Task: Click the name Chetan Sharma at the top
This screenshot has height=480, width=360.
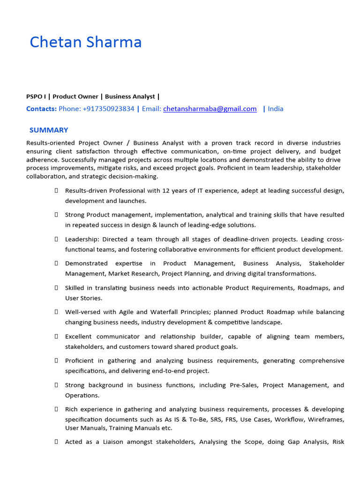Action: click(86, 42)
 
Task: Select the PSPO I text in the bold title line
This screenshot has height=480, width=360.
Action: click(36, 97)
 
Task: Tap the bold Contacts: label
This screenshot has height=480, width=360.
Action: click(41, 109)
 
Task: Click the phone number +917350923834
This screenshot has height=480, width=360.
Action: click(108, 109)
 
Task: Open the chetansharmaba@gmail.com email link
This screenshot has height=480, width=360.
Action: click(210, 109)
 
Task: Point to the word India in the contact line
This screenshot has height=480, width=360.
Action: click(276, 109)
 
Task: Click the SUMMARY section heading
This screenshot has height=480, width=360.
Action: click(49, 130)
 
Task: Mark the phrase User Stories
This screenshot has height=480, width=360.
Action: click(83, 298)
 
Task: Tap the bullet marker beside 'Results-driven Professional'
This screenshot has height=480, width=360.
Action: click(56, 190)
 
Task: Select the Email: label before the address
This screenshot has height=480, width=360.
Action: click(151, 109)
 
